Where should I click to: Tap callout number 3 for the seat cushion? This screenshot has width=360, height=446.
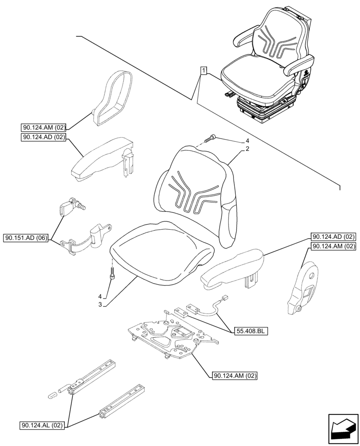100,304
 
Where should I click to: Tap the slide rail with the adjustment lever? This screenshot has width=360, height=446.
94,377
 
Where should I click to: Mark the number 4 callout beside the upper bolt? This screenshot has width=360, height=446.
246,142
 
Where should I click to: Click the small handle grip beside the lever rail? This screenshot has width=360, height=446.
52,394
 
